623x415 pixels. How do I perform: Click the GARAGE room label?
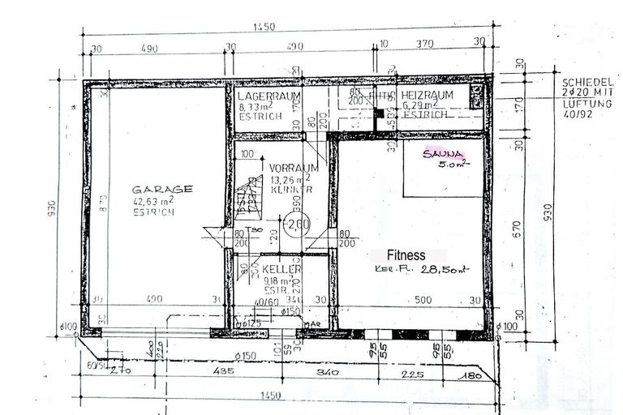tap(163, 189)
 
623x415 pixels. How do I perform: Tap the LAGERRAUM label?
tap(269, 96)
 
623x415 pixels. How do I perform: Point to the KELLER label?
tap(282, 269)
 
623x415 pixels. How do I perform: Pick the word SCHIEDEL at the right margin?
tap(586, 83)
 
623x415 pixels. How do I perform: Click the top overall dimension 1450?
tap(264, 27)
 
